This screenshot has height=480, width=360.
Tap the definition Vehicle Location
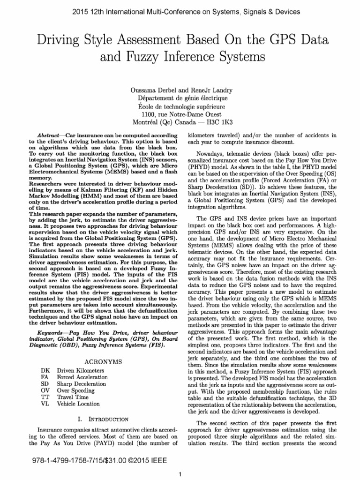(x=78, y=404)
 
